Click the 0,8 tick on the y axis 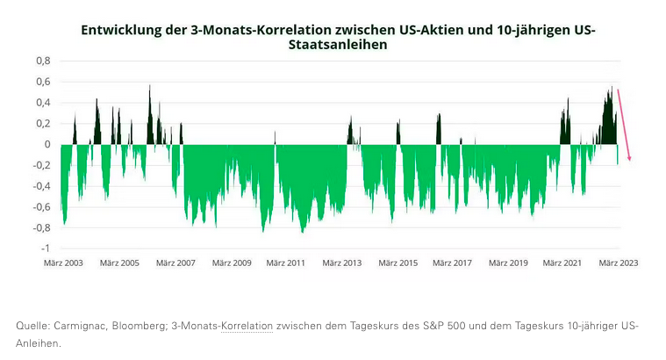[43, 61]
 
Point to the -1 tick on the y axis [45, 249]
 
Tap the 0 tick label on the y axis [47, 144]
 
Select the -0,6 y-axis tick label [39, 207]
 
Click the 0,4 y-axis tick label [43, 103]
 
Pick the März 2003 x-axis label [63, 263]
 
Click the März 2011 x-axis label [286, 263]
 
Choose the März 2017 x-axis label [452, 263]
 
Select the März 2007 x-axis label [175, 263]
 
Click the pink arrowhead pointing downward [629, 157]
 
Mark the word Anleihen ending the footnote [38, 343]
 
